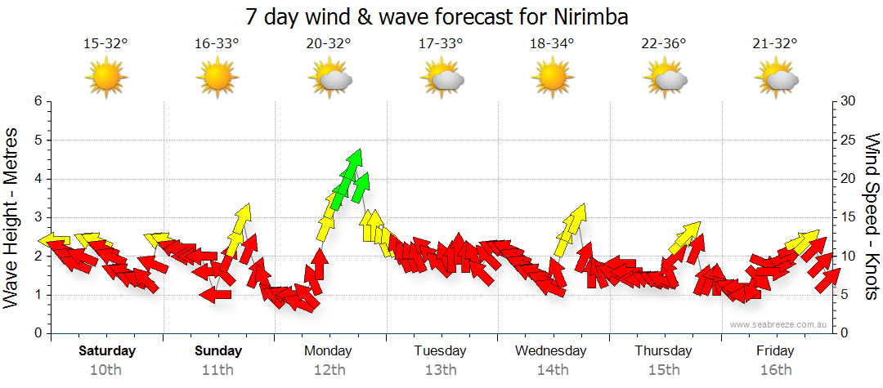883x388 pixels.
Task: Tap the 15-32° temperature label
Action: (106, 44)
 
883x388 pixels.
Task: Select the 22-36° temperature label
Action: (664, 44)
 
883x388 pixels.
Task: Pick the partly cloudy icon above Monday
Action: (329, 78)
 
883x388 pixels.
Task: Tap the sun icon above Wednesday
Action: (553, 78)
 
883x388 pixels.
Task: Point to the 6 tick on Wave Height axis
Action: (37, 101)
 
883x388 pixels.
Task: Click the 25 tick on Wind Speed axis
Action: (847, 140)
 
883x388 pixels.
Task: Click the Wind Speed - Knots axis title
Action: (871, 216)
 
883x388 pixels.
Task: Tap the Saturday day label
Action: (107, 351)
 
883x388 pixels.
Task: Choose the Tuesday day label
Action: (440, 351)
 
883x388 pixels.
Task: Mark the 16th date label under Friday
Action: (775, 370)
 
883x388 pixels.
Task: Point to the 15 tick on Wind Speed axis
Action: (847, 217)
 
